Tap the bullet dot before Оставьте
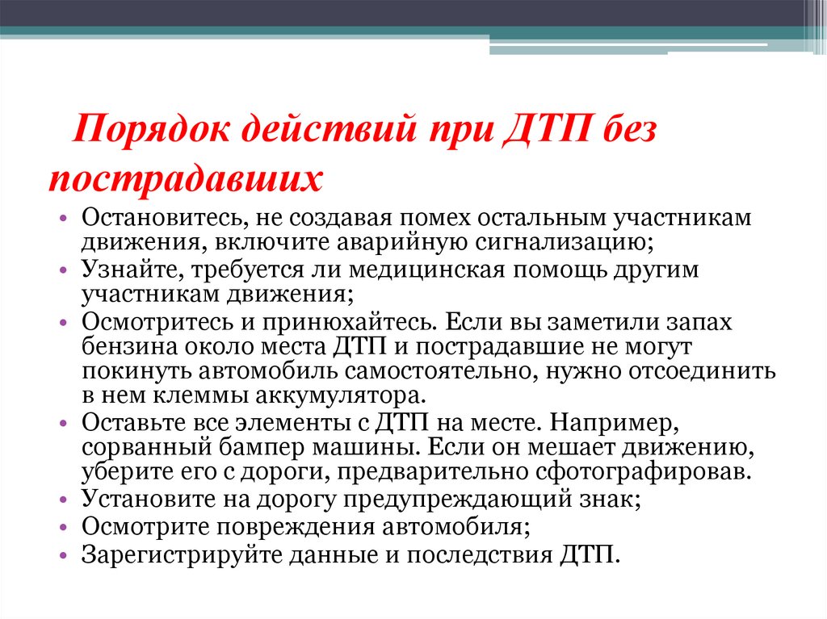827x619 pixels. pyautogui.click(x=65, y=424)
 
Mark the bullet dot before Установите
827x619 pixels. pyautogui.click(x=65, y=500)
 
